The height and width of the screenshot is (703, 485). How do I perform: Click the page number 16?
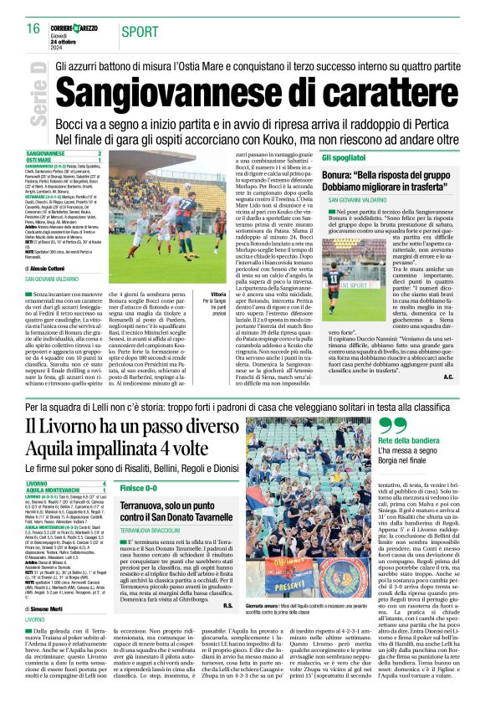(x=33, y=28)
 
